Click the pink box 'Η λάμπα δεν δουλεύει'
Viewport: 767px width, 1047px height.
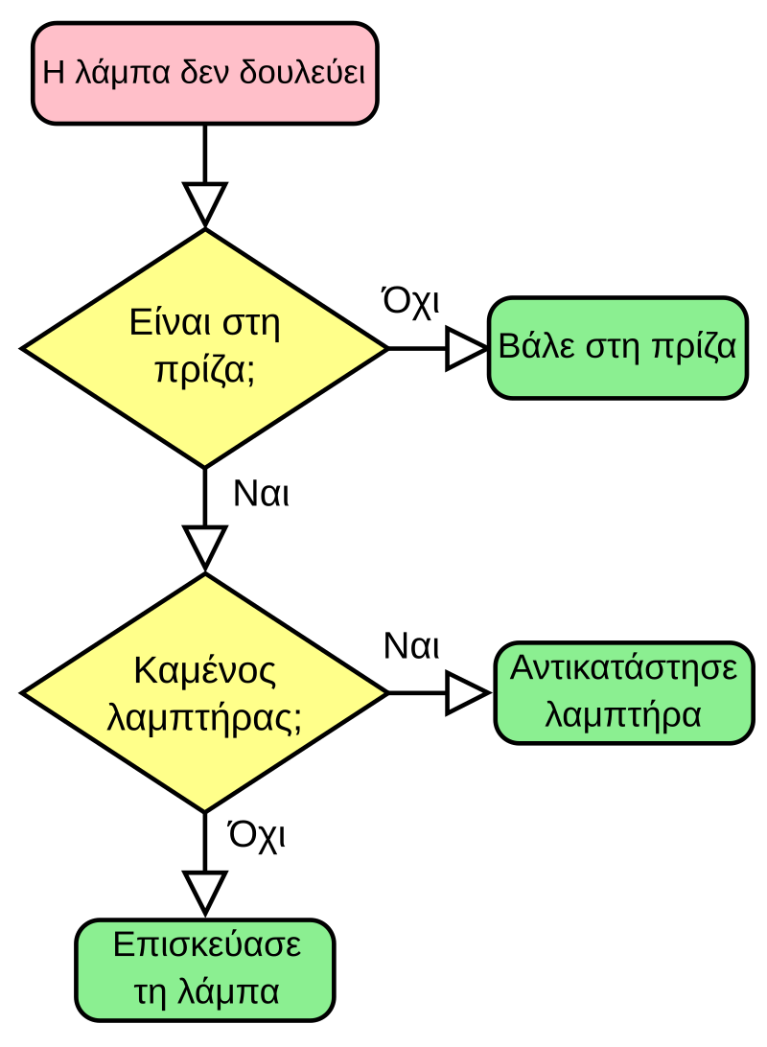point(205,74)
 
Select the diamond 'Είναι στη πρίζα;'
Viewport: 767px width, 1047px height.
point(205,348)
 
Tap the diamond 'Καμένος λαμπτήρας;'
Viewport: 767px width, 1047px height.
point(205,693)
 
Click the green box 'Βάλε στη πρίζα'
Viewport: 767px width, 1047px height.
point(617,348)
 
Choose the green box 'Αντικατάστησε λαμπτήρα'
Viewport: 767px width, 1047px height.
point(624,693)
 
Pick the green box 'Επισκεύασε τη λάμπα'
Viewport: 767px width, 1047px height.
point(205,970)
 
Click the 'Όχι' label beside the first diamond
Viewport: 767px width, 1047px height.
point(410,302)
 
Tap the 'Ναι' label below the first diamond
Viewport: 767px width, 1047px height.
point(261,494)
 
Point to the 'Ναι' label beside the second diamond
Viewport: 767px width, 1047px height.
point(411,646)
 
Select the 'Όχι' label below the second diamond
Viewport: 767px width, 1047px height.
point(257,835)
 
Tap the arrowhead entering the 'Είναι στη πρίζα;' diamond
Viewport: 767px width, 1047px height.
point(205,204)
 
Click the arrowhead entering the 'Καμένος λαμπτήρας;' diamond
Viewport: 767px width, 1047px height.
point(205,548)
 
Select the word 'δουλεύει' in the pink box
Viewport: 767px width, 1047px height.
point(302,72)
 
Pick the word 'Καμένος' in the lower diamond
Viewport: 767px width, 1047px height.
point(205,670)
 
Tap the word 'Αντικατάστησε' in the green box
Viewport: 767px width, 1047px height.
point(624,667)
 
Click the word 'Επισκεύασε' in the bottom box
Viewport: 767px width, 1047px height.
point(207,944)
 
